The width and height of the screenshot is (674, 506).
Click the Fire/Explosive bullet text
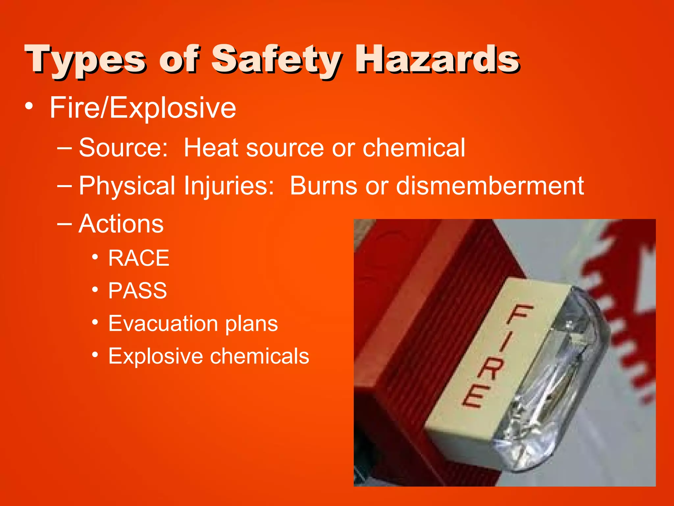click(x=143, y=108)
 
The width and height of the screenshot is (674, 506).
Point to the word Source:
click(x=123, y=148)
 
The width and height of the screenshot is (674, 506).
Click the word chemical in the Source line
click(x=414, y=148)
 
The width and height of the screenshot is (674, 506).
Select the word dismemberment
click(x=490, y=186)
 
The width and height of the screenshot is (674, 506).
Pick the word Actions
click(x=121, y=224)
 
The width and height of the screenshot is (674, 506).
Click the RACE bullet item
click(x=139, y=258)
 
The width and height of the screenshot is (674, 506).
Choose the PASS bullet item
click(x=138, y=291)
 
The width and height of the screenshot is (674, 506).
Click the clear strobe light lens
click(x=556, y=379)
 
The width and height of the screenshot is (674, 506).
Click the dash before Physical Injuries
click(x=64, y=185)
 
